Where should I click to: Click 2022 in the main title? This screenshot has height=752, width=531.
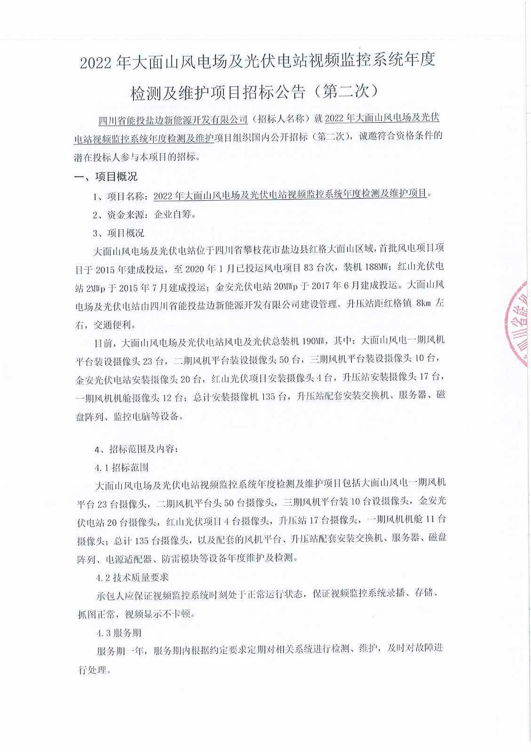click(x=96, y=63)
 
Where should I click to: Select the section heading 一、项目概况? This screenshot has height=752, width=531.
click(x=106, y=177)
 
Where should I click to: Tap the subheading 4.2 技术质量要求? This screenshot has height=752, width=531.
click(x=132, y=577)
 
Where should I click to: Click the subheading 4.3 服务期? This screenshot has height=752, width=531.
click(x=119, y=633)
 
